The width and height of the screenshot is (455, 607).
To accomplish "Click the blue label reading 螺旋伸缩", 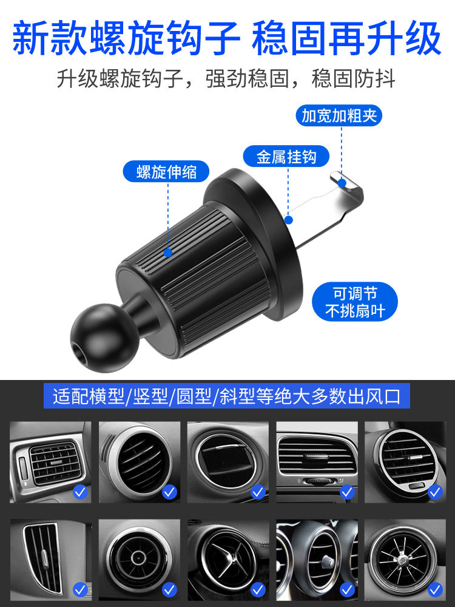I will tap(167, 172).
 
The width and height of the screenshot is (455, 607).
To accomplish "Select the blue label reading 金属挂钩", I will tap(286, 157).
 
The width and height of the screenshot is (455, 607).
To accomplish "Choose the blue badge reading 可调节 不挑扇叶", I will tap(355, 302).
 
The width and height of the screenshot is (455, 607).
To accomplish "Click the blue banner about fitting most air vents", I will tap(227, 397).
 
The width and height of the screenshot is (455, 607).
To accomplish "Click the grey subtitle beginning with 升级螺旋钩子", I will tap(227, 79).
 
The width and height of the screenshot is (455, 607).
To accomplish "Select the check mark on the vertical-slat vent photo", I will tap(80, 589).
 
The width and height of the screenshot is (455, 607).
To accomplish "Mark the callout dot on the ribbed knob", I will tap(167, 251).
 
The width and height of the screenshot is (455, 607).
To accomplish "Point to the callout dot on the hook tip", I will tap(342, 181).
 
